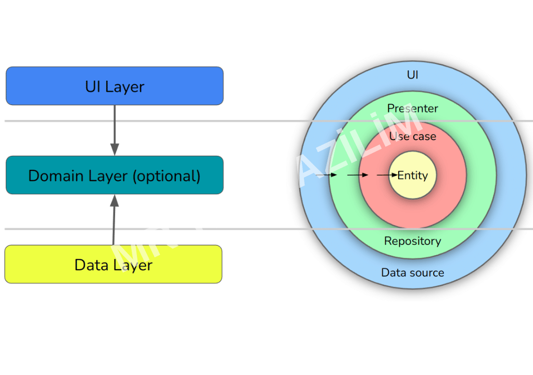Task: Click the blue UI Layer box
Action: click(115, 86)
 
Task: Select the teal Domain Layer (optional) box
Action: click(115, 175)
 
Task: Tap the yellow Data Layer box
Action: click(113, 264)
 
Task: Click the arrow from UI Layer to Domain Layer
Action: click(115, 130)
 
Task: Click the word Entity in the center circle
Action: click(412, 176)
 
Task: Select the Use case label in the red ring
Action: click(412, 136)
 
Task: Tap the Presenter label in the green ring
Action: click(412, 108)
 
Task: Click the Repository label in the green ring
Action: click(412, 241)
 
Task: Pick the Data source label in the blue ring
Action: click(412, 272)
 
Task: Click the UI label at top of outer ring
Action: click(412, 75)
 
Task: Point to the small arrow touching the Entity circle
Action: click(387, 176)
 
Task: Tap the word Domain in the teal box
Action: click(52, 176)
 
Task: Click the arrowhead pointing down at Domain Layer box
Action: click(115, 149)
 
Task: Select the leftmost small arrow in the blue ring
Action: click(327, 176)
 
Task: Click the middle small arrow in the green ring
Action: click(358, 176)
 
